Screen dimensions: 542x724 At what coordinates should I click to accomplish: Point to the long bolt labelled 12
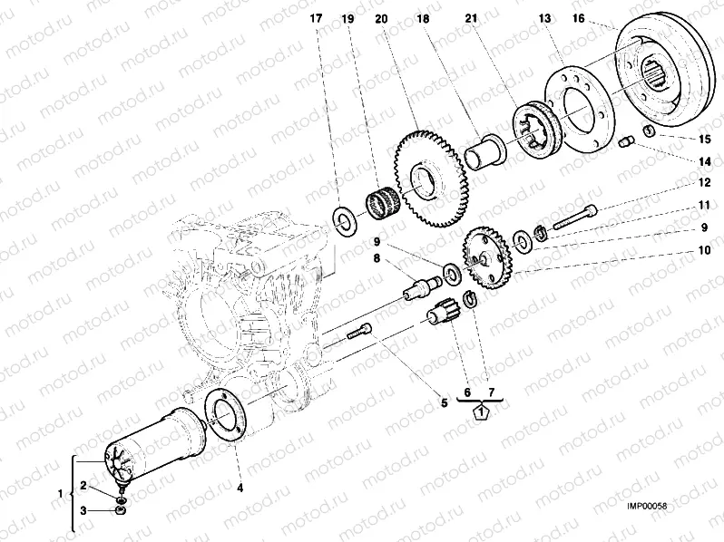pos(573,217)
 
